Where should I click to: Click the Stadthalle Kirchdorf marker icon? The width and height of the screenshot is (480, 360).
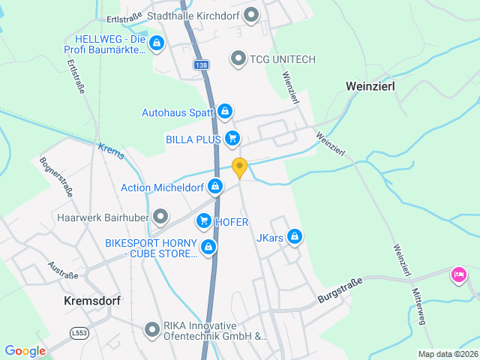tap(251, 14)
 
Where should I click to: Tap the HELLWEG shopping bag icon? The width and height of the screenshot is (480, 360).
tap(156, 43)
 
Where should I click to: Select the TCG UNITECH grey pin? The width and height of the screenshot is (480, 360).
tap(238, 58)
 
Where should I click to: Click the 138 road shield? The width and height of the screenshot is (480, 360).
tap(201, 66)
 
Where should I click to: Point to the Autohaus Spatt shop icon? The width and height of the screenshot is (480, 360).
tap(224, 112)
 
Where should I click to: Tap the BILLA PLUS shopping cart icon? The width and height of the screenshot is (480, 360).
tap(232, 138)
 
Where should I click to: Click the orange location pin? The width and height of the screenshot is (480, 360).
tap(240, 167)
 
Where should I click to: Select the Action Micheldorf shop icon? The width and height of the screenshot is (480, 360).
tap(215, 186)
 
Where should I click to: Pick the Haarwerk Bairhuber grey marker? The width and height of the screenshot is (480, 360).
tap(160, 217)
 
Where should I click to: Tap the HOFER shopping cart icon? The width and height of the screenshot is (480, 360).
tap(203, 221)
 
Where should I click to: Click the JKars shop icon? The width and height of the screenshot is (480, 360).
tap(294, 238)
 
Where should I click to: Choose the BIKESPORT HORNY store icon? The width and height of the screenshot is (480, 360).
tap(208, 247)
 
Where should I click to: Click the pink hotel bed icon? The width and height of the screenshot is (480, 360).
tap(458, 274)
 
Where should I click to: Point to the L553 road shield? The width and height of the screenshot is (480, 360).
tap(79, 331)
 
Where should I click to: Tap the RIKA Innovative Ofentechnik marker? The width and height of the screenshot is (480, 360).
tap(152, 329)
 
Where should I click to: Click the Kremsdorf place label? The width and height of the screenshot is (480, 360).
tap(88, 300)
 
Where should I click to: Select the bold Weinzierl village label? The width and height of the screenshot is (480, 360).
tap(370, 86)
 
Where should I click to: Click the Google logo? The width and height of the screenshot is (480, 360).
tap(25, 350)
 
